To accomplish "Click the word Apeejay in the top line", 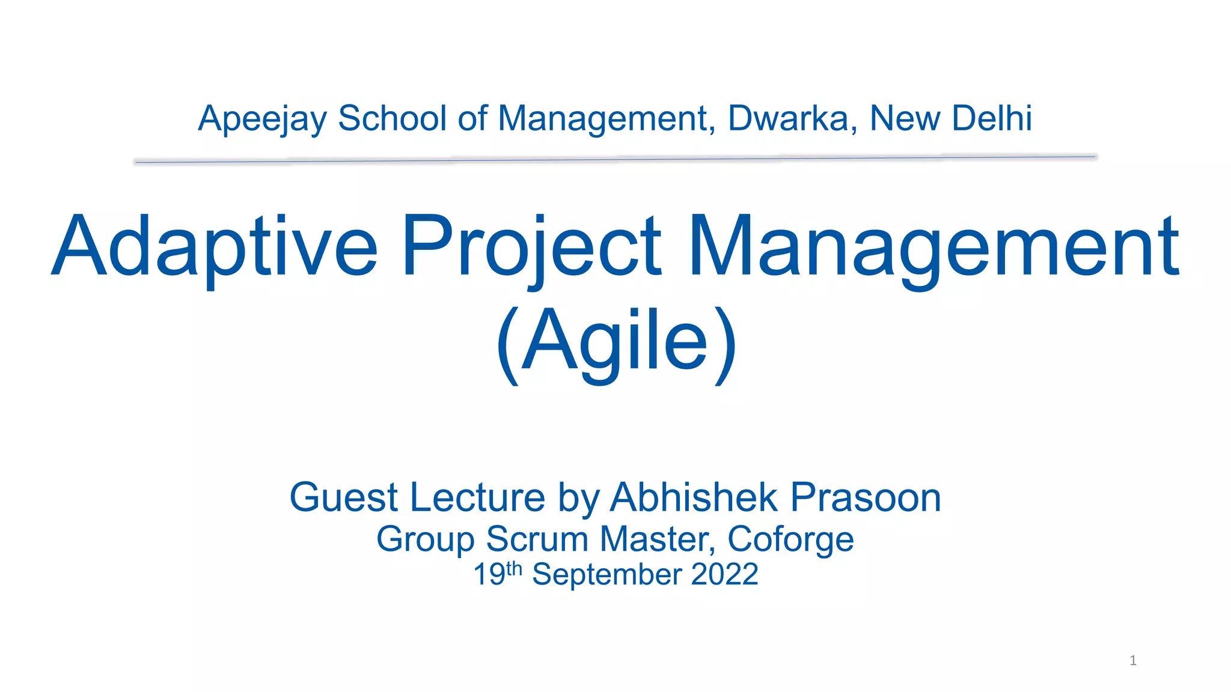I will [262, 119].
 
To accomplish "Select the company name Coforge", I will [790, 539].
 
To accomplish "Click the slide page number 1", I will [1133, 661].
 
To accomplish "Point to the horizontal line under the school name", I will [615, 159].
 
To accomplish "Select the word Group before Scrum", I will [426, 539].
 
